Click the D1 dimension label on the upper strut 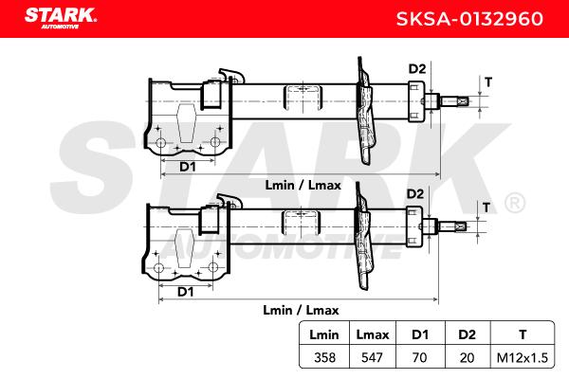click(x=187, y=167)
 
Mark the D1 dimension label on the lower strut click(x=187, y=292)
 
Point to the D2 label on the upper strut click(x=417, y=68)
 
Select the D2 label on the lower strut click(x=414, y=194)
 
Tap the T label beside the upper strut click(x=488, y=81)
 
